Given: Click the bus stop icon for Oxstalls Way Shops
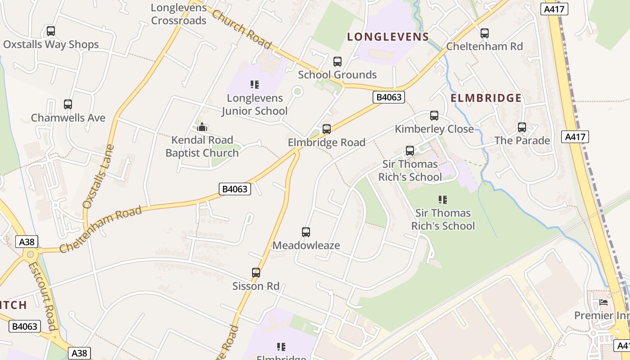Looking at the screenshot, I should pos(51,31).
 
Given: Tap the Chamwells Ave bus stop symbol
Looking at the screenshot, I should pos(68,104).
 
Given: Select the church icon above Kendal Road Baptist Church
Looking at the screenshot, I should pos(202,127).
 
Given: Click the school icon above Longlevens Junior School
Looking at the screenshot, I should pos(255,85).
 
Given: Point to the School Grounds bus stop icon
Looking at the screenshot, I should pos(337,62).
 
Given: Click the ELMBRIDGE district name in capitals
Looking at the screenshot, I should pos(486,98).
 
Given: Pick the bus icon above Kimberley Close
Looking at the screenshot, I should pos(434,116).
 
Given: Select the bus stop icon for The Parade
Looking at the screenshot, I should pos(522,127).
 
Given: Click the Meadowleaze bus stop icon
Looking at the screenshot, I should pos(306,232).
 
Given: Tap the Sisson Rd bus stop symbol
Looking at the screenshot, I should pos(256,273).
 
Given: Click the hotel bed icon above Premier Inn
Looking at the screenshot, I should pos(603,302).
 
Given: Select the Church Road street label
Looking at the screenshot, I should pos(242,29).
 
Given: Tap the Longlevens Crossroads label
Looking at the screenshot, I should pos(179,14).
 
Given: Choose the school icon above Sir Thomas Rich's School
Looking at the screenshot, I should pos(443,199).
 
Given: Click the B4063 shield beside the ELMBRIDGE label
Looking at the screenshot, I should pos(389,97).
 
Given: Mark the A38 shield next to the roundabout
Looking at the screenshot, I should pos(27,242).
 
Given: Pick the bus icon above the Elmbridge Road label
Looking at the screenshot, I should pos(327,129).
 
